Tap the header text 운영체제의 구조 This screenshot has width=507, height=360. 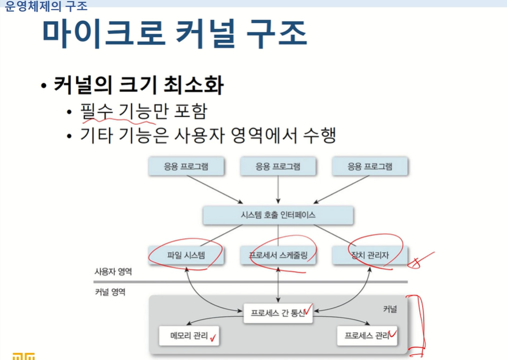(46, 6)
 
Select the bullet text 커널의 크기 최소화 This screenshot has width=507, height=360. (139, 86)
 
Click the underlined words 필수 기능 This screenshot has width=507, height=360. (118, 111)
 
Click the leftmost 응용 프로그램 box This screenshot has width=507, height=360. (186, 167)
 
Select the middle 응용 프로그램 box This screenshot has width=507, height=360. (278, 167)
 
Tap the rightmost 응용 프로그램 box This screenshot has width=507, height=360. (370, 167)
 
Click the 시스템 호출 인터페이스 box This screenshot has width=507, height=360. (278, 215)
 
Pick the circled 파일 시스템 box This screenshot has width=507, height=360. (186, 255)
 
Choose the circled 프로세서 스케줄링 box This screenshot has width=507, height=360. (278, 255)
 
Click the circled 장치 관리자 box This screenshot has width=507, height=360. (370, 255)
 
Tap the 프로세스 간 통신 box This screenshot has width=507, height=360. (278, 313)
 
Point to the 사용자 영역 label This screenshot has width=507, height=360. (113, 271)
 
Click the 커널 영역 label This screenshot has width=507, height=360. (110, 292)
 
